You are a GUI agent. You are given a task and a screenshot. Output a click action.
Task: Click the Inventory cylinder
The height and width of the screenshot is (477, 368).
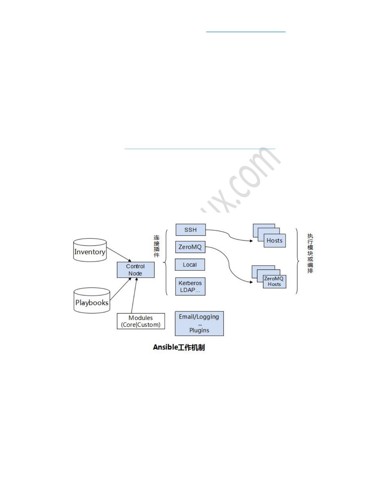(x=90, y=251)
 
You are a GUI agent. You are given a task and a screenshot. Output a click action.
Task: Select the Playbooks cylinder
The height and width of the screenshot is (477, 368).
(x=92, y=301)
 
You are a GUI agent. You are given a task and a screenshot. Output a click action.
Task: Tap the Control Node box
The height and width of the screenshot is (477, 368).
(x=136, y=270)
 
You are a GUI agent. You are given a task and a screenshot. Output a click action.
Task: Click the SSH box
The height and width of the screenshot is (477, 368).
(x=191, y=230)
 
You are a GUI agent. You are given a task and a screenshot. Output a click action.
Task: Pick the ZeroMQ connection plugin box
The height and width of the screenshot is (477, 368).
(x=190, y=247)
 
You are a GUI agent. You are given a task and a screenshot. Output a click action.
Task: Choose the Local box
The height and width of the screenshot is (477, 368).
(x=190, y=265)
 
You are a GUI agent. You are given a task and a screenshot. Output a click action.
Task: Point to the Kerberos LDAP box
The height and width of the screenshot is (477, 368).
(x=190, y=286)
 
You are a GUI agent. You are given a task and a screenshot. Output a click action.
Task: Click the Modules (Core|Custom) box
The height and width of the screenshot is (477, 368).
(x=141, y=321)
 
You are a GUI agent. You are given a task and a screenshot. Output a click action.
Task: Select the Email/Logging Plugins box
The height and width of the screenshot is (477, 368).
(x=199, y=323)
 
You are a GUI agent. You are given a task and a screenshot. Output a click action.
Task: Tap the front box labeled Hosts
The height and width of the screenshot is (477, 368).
(x=274, y=241)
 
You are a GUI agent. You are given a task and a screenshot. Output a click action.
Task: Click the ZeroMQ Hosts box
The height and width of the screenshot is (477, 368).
(x=274, y=282)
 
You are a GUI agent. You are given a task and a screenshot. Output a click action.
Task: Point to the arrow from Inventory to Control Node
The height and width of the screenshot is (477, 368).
(x=119, y=255)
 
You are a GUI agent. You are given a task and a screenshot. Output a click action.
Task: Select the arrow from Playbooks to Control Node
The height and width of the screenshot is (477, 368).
(x=120, y=289)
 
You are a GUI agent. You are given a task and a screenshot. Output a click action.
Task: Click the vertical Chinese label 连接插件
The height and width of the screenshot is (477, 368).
(x=157, y=246)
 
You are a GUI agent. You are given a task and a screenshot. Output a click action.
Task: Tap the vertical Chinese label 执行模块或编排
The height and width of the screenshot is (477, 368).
(x=310, y=253)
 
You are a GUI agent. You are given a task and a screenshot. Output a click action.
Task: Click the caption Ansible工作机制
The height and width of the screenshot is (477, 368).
(x=179, y=347)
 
